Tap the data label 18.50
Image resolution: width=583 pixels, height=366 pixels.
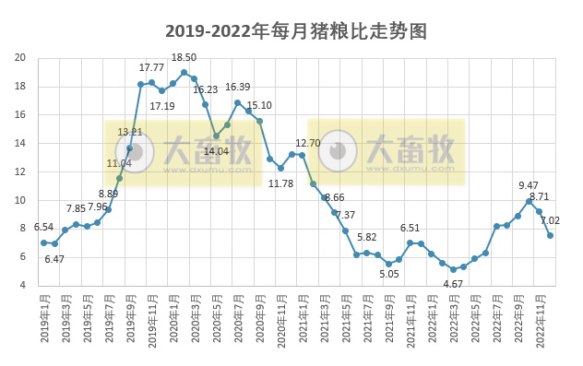click(184, 57)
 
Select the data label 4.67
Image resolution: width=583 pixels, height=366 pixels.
click(453, 284)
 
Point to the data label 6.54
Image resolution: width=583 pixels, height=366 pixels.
click(43, 227)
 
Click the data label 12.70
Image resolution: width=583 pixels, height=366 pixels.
click(307, 143)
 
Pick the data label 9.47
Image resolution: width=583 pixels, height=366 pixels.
click(529, 185)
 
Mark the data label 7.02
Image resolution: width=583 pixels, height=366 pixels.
click(550, 220)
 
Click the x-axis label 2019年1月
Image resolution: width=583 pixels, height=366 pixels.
click(44, 322)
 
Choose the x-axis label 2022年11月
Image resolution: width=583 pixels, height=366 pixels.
click(541, 322)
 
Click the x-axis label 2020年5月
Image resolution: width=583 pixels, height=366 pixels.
click(217, 322)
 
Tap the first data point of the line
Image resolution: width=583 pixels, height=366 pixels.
click(43, 242)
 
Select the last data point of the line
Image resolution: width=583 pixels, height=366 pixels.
click(551, 235)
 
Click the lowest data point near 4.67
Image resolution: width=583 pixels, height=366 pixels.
click(453, 269)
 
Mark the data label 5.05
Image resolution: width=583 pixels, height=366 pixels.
click(389, 273)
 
